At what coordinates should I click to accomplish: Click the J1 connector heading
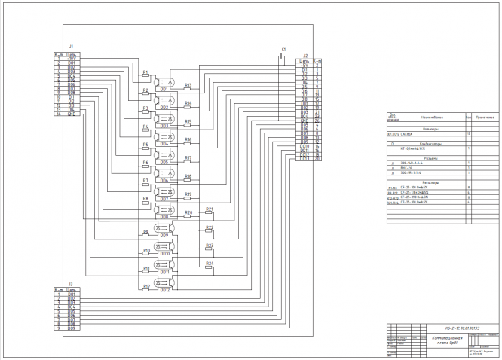(x=70, y=46)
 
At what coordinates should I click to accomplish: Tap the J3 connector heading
(x=70, y=285)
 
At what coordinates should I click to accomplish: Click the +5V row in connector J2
(x=305, y=65)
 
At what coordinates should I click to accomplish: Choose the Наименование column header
(x=431, y=118)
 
